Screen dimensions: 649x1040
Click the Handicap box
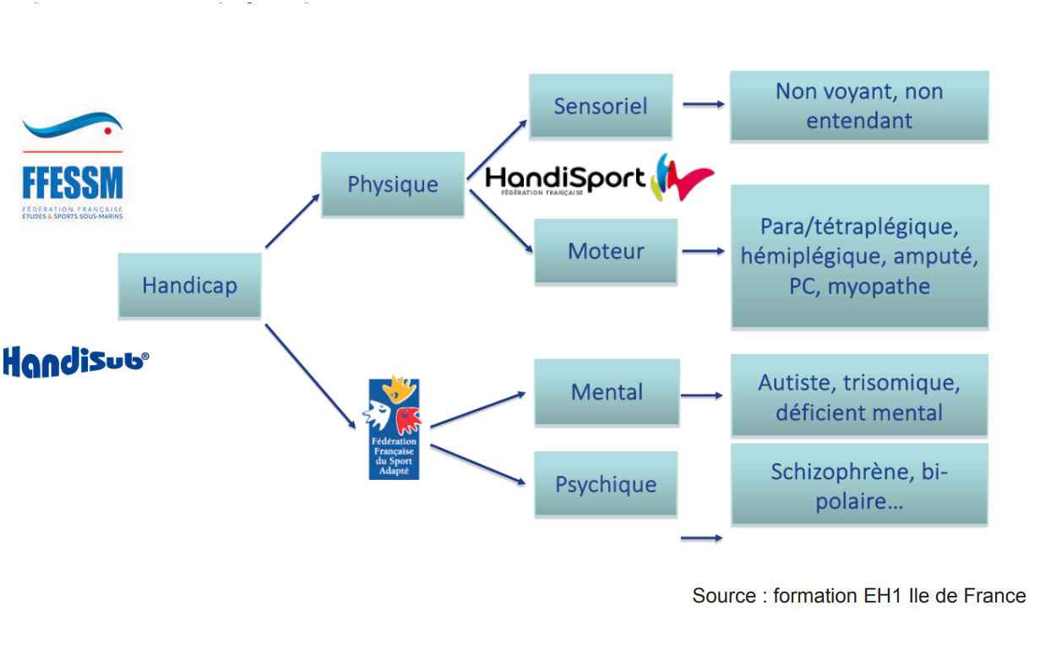coord(189,286)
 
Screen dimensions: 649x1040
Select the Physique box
coord(393,185)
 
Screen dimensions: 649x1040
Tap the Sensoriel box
coord(601,106)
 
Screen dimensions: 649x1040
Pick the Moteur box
coord(606,251)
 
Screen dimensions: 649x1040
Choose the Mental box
coord(607,392)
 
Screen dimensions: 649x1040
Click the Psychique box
coord(606,484)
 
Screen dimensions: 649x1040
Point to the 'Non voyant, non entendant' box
coord(859,106)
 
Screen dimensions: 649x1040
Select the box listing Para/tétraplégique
coord(859,256)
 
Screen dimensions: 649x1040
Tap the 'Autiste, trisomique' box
coord(859,397)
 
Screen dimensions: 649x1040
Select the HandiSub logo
coord(76,361)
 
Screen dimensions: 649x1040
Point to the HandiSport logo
coord(600,177)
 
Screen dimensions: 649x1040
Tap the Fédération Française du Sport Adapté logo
coord(394,429)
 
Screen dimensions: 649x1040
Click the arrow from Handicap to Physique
coord(292,221)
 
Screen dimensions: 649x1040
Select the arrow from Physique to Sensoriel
coord(498,150)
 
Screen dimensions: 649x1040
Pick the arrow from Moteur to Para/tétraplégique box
coord(703,251)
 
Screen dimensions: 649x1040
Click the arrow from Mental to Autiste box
coord(701,395)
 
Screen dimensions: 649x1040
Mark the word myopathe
coord(879,286)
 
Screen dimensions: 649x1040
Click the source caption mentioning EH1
coord(858,596)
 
